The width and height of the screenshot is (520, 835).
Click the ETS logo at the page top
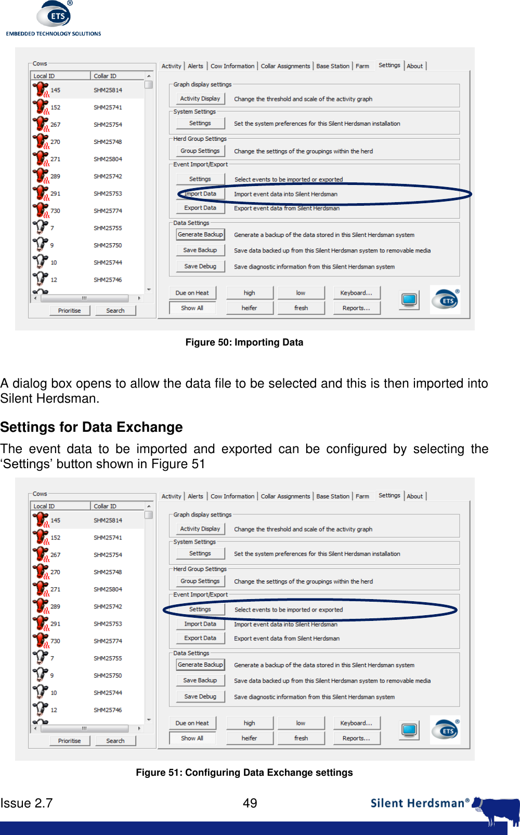point(54,17)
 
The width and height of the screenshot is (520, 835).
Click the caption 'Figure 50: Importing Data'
point(244,342)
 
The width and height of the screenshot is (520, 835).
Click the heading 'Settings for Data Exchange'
point(92,427)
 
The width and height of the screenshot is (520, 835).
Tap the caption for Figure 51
point(244,773)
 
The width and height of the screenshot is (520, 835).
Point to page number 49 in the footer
point(250,803)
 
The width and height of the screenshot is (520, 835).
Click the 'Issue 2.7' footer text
point(27,803)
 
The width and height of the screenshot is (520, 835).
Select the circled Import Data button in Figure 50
point(200,194)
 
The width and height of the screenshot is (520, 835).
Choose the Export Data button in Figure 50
point(200,208)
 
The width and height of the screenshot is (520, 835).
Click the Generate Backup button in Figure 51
point(200,665)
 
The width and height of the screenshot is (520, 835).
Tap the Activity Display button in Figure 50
point(200,99)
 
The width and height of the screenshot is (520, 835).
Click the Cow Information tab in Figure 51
point(232,496)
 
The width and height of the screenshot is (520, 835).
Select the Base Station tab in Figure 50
point(333,66)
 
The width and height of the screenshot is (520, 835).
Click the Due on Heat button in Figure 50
point(192,293)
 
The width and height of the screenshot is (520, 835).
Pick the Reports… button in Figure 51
point(356,738)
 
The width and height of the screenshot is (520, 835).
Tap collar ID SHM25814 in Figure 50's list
point(108,90)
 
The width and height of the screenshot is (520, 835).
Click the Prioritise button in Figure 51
point(69,741)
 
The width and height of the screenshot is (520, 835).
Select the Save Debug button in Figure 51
point(200,696)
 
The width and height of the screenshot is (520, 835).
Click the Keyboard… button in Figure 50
point(356,293)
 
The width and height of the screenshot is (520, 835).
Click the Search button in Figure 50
point(115,311)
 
